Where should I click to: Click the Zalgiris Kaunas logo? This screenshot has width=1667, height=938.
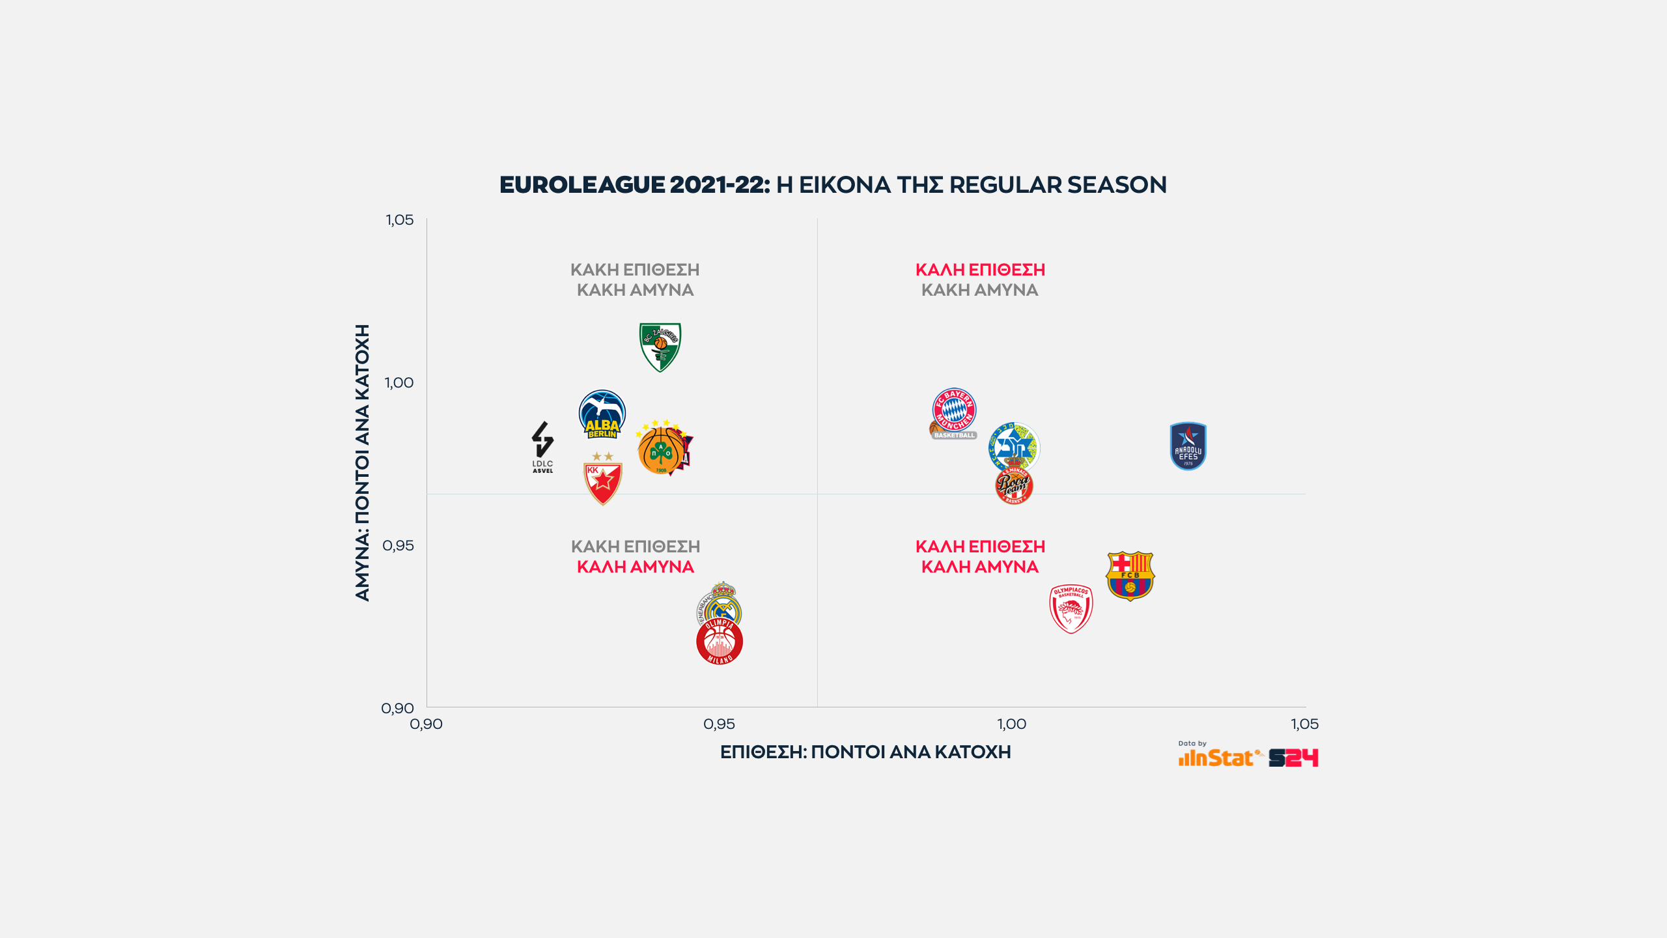coord(660,347)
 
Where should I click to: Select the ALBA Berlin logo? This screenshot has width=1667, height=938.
coord(602,414)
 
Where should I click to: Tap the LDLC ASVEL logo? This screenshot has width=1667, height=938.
coord(542,447)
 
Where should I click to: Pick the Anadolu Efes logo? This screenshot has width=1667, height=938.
coord(1188,446)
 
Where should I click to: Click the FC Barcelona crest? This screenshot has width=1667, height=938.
coord(1130,576)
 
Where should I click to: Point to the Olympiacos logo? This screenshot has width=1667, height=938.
coord(1071,608)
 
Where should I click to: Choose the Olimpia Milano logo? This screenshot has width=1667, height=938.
coord(720,642)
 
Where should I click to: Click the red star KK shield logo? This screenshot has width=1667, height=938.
coord(602,481)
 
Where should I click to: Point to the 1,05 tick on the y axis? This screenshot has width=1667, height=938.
coord(399,220)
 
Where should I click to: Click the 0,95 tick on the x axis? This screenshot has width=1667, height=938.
coord(719,724)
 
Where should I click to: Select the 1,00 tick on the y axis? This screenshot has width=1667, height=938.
coord(399,382)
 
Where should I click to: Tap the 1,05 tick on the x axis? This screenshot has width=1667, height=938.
coord(1304,724)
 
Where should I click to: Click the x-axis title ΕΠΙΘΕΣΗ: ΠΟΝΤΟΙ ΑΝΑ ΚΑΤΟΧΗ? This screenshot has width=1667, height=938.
coord(865,752)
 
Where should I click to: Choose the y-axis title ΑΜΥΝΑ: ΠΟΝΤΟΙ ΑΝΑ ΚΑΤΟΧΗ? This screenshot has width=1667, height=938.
coord(362,462)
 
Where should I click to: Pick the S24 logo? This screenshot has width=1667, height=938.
coord(1293,758)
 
